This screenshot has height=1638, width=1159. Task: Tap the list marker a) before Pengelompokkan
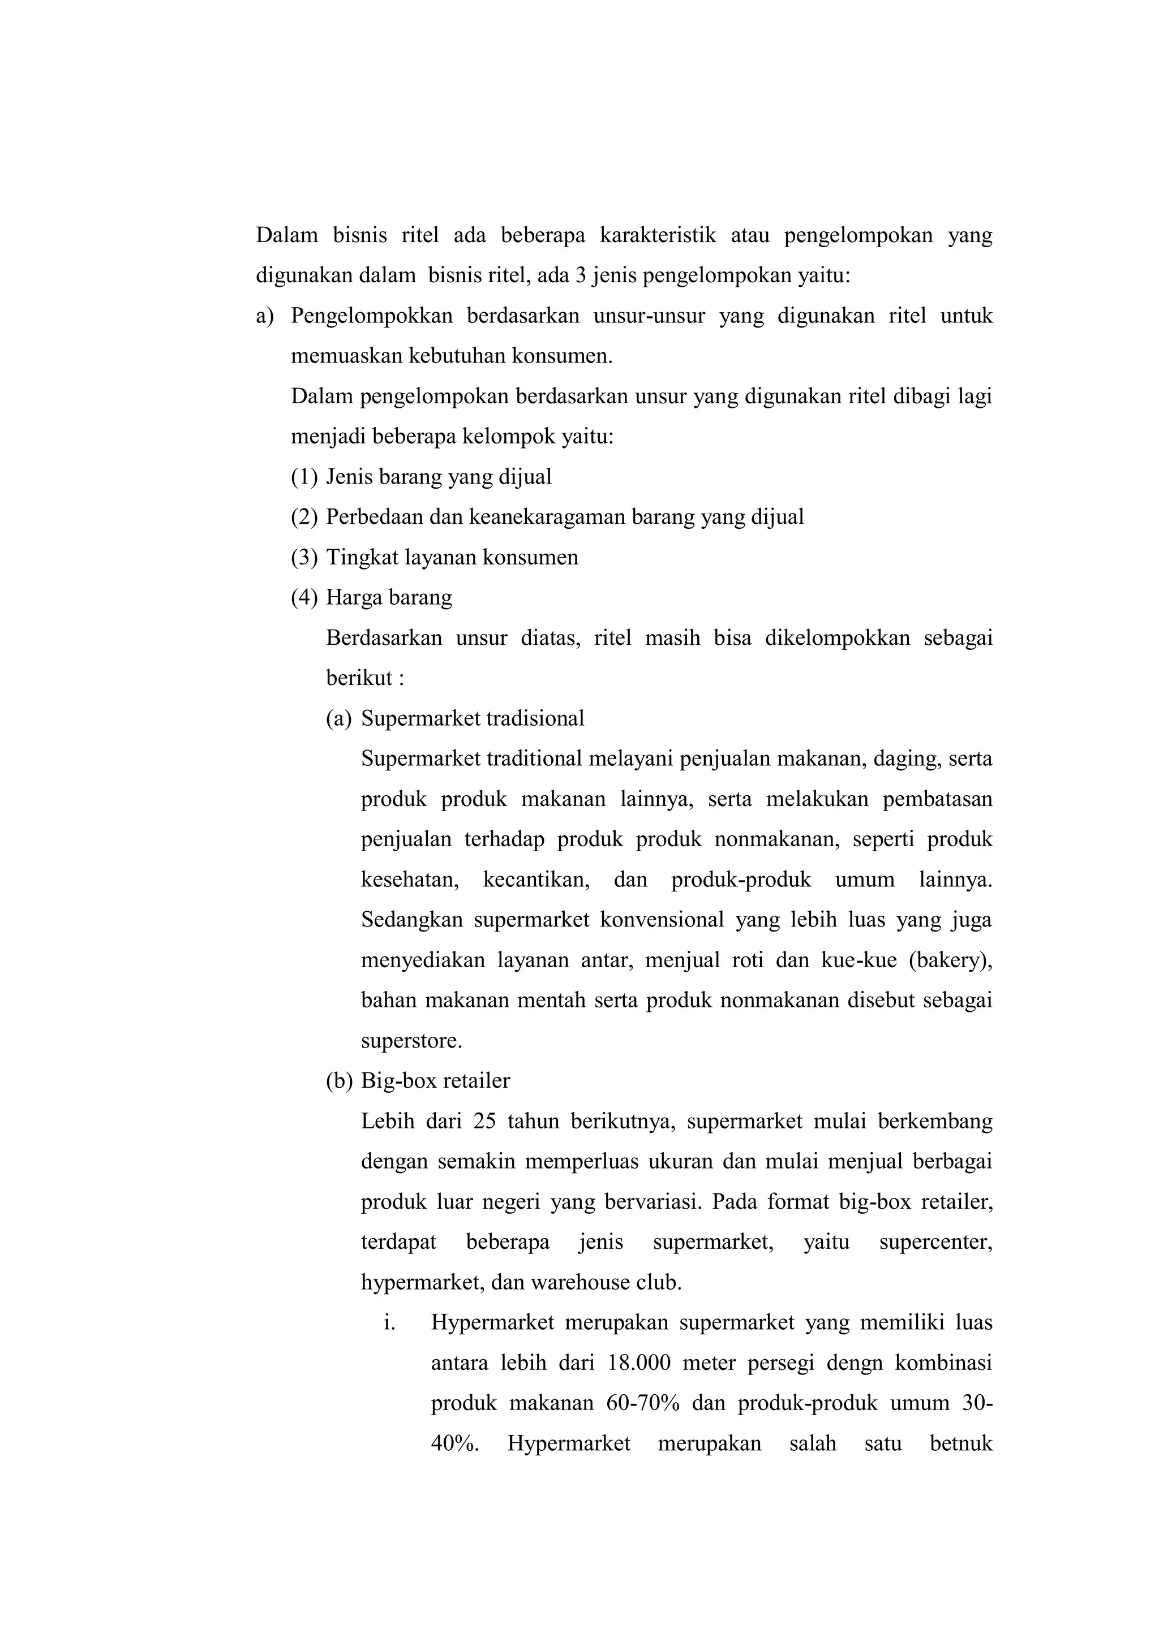[x=265, y=316]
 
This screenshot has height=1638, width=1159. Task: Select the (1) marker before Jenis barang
[x=304, y=477]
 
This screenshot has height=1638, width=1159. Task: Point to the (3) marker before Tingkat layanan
[x=304, y=557]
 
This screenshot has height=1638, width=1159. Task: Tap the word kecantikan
[x=536, y=880]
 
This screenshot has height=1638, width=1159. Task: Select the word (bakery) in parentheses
[x=950, y=960]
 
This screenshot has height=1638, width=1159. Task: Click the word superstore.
[x=411, y=1041]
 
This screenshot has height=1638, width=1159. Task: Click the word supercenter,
[x=935, y=1243]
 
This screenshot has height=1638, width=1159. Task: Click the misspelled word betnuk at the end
[x=961, y=1444]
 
